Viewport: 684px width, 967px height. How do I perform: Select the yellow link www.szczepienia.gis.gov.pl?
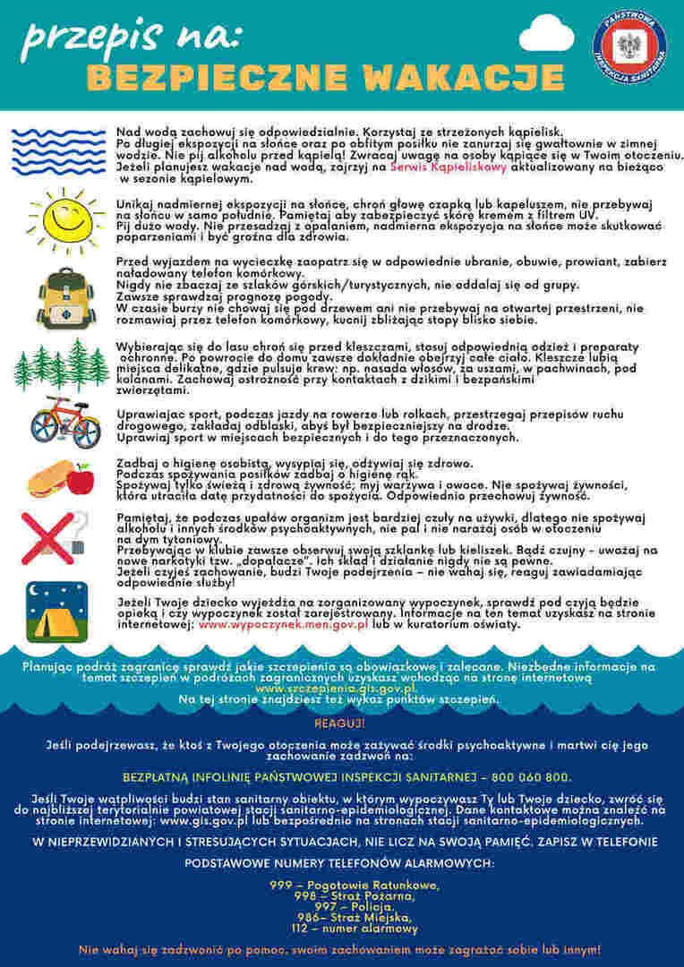click(336, 689)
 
